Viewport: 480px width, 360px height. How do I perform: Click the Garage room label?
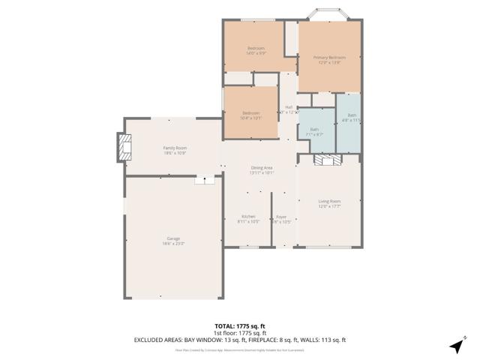[173, 241]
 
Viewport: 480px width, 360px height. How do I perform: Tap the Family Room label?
[175, 150]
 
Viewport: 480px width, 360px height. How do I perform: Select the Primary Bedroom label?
[329, 60]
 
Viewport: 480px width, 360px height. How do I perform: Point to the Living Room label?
[329, 203]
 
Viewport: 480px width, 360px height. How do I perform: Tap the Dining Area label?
[262, 170]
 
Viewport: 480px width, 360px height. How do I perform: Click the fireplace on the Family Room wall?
[122, 148]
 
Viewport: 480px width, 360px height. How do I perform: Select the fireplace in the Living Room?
[328, 160]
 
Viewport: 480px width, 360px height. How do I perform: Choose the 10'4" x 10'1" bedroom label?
[250, 115]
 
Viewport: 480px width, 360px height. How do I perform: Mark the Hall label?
[289, 109]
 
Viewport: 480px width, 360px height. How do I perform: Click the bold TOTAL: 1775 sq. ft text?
[240, 326]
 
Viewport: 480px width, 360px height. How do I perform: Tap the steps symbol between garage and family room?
[205, 180]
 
